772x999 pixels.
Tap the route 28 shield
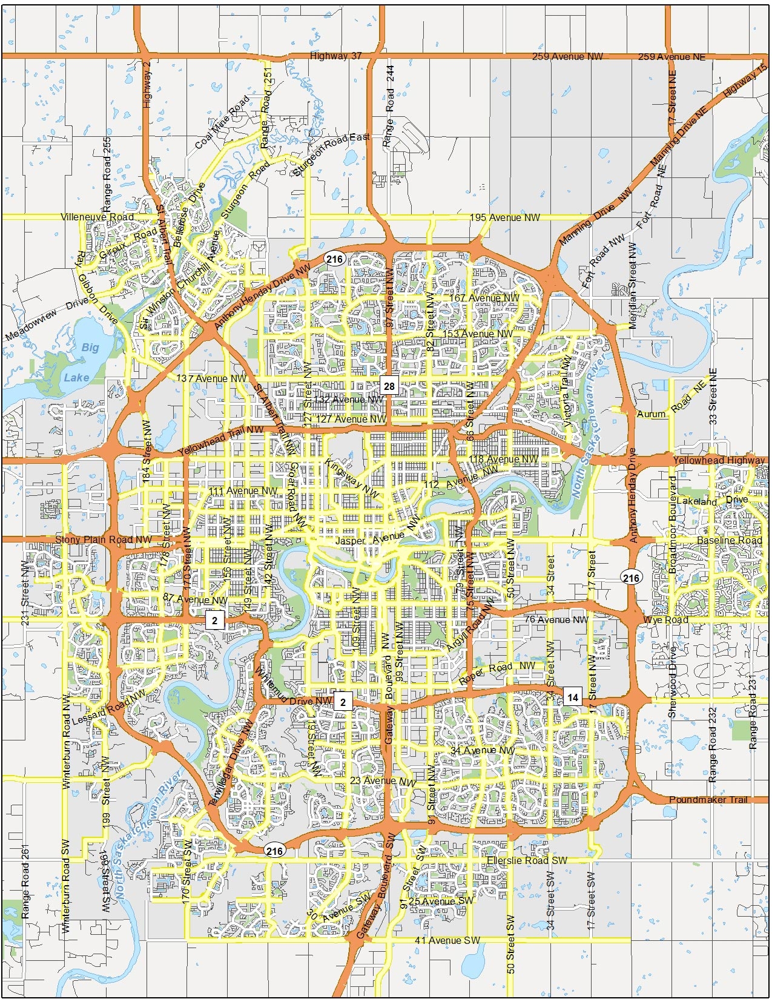coord(389,386)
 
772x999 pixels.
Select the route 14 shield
coord(572,697)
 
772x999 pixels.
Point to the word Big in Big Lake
coord(90,348)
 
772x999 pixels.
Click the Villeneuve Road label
coord(97,217)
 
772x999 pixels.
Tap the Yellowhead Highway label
coord(719,460)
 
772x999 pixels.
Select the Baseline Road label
coord(729,540)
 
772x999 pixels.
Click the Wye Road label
coord(665,620)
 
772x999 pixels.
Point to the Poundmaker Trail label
coord(708,800)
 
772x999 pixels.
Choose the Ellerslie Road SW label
coord(527,860)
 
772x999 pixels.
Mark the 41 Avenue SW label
coord(447,940)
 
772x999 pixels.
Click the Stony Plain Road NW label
coord(104,539)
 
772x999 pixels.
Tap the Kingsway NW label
coord(352,479)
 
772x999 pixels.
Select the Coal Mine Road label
coord(222,122)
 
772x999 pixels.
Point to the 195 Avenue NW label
coord(504,217)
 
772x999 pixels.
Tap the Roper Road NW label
coord(497,671)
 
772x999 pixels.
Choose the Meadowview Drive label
coord(47,320)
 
